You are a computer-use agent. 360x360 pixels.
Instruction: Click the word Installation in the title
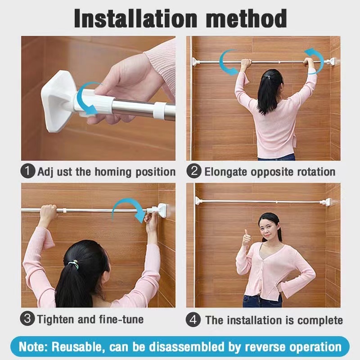[135, 18]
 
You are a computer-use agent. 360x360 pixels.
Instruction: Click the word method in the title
[246, 18]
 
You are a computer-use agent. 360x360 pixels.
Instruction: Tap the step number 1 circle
[28, 171]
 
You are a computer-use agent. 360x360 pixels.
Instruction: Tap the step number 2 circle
[194, 171]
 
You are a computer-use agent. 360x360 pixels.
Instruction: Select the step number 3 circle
[27, 319]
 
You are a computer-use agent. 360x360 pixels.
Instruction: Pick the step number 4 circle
[193, 319]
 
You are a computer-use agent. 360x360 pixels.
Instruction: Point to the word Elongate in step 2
[225, 172]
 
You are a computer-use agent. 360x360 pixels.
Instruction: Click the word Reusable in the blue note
[76, 346]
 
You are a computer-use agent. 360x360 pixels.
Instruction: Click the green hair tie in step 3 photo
[74, 264]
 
